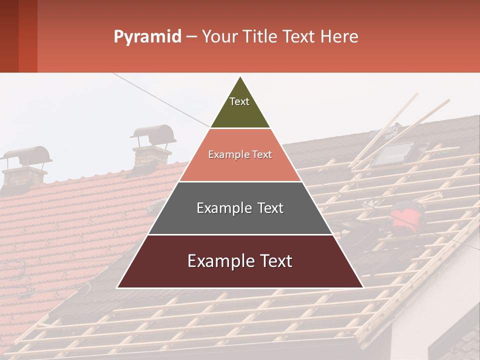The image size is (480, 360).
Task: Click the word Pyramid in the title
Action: [x=147, y=37]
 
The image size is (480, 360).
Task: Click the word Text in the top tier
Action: [x=239, y=101]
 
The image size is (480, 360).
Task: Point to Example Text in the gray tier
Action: [x=240, y=208]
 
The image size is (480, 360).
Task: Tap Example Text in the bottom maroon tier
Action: [x=240, y=261]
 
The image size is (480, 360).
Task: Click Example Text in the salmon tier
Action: [x=240, y=154]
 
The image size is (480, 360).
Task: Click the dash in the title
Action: [x=191, y=37]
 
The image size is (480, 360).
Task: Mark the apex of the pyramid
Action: [x=240, y=77]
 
